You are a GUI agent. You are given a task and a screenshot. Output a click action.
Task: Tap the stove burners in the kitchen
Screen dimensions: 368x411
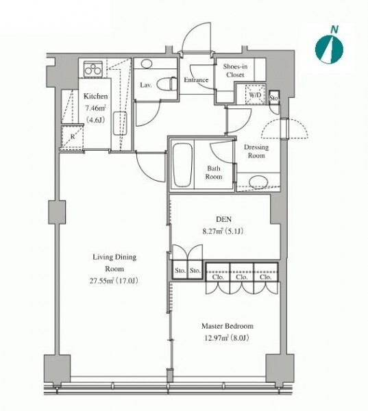pos(93,68)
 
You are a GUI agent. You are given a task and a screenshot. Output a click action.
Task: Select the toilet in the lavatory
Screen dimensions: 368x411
pos(167,84)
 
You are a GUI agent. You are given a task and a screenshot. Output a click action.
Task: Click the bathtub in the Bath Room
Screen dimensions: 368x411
pos(183,165)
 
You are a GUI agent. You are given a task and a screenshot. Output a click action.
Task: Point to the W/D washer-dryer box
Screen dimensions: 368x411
pos(255,95)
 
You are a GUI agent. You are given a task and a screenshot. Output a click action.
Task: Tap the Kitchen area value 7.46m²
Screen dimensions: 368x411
pos(95,108)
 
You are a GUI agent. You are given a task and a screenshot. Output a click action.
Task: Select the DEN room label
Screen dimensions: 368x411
pos(223,219)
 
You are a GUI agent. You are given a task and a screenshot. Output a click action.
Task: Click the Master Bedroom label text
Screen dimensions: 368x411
pos(228,326)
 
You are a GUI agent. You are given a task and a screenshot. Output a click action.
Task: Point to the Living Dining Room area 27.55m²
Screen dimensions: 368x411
pos(102,281)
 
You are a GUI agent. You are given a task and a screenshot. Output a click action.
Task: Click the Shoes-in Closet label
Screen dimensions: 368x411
pos(235,71)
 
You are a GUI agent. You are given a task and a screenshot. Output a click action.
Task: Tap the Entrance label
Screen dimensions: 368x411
pos(196,80)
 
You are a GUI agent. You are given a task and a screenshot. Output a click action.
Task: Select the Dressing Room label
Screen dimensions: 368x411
pos(256,151)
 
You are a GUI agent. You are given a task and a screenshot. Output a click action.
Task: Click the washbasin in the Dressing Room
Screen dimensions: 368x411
pos(258,182)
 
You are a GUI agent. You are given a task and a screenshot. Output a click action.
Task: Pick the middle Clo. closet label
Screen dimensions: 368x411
pos(242,277)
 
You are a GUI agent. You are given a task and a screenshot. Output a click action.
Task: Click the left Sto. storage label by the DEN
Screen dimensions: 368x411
pos(180,271)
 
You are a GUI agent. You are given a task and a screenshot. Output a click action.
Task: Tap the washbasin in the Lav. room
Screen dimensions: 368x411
pos(146,64)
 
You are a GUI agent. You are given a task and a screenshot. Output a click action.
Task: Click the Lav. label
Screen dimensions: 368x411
pos(146,85)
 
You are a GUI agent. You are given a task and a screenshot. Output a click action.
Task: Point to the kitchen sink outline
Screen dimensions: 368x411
pos(120,123)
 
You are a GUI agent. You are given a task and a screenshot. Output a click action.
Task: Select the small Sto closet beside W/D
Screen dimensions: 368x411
pos(273,98)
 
